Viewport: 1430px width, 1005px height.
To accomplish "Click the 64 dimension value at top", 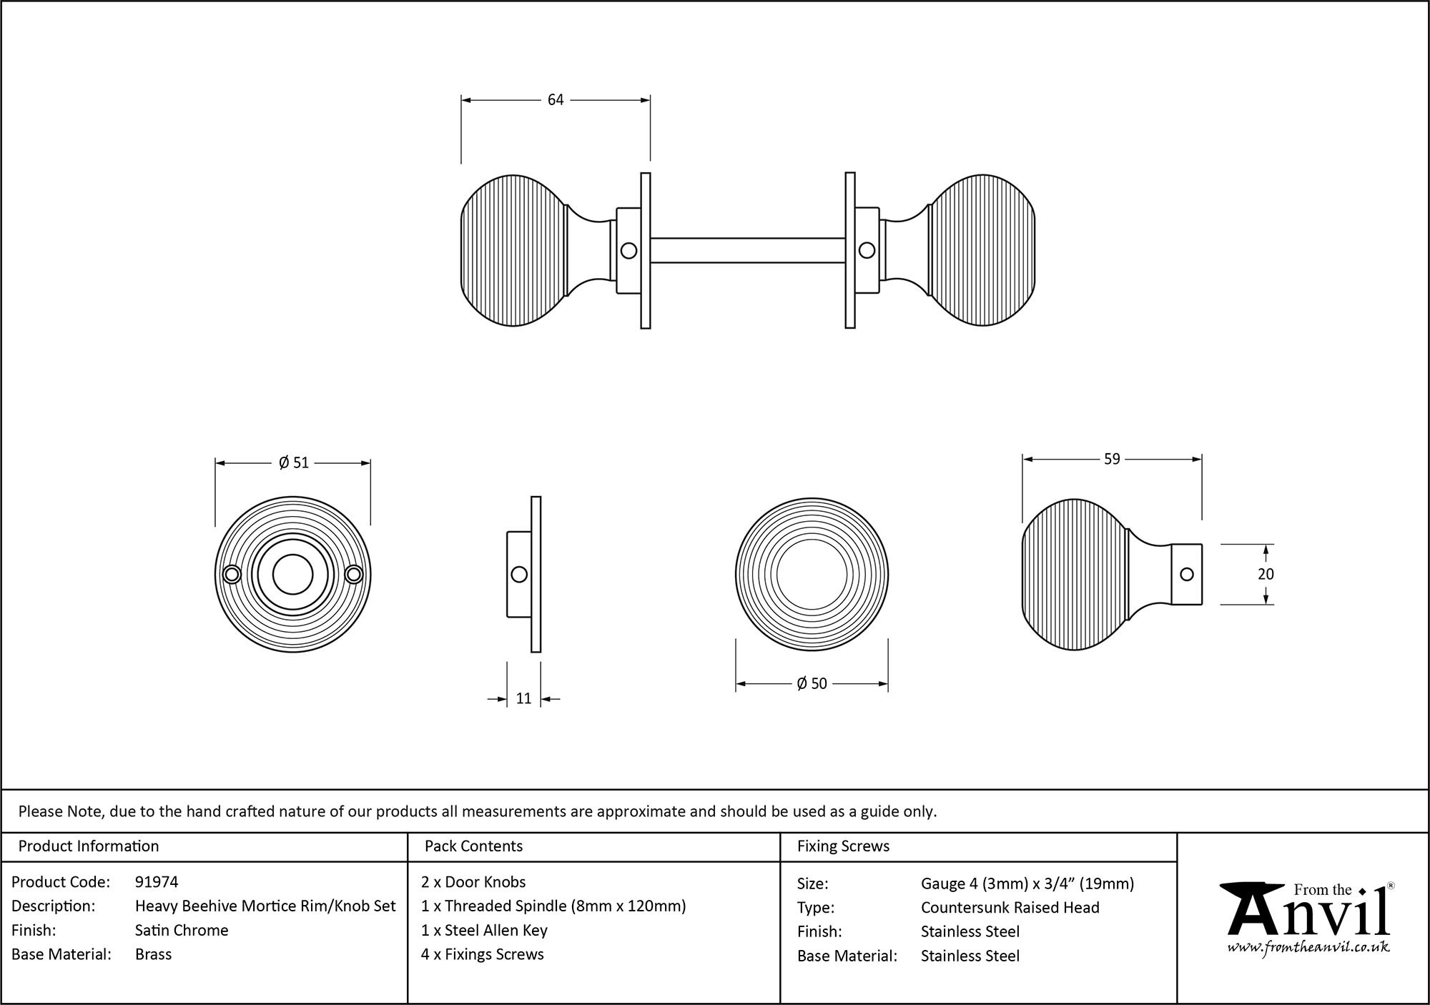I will click(556, 100).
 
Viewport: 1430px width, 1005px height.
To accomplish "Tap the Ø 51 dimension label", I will click(294, 463).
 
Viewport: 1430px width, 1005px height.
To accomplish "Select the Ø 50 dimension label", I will click(812, 684).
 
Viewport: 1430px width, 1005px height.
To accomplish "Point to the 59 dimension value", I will click(1112, 459).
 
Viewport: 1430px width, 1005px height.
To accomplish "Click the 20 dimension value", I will click(1266, 574).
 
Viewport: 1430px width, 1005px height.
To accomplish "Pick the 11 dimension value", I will click(523, 698).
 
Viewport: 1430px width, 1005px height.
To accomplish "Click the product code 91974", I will click(157, 882).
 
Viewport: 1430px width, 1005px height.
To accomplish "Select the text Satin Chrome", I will click(182, 930).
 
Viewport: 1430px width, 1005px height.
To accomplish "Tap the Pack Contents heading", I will click(473, 846).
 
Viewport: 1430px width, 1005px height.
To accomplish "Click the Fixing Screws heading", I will click(843, 846).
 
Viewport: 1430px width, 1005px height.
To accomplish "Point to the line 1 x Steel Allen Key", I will click(484, 930).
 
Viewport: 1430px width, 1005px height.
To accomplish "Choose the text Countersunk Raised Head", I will click(1010, 907).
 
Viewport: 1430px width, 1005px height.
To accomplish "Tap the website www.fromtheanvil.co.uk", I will click(1308, 947).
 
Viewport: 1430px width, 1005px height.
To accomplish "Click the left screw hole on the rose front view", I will click(232, 575).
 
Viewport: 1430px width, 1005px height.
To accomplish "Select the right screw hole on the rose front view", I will click(354, 575).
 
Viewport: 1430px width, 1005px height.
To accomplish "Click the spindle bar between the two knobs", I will click(747, 250).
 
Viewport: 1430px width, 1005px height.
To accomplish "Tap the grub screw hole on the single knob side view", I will click(1186, 574).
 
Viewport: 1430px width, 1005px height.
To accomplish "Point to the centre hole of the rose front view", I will click(292, 574).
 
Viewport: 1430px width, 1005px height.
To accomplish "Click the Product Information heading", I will click(89, 846).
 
